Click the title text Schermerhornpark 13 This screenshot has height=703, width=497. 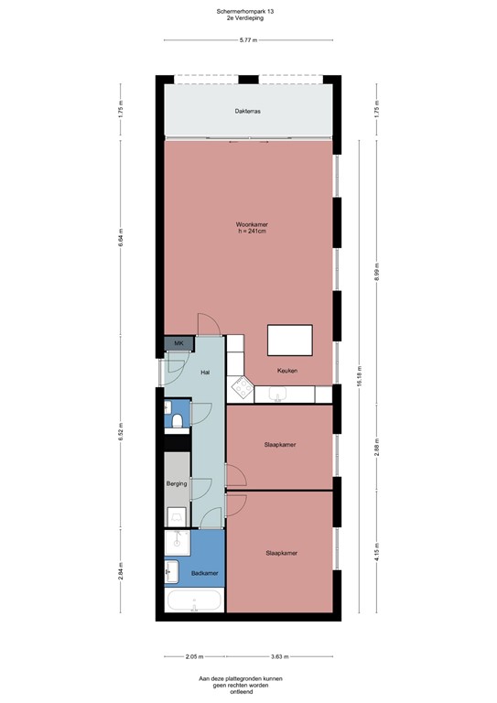tap(247, 11)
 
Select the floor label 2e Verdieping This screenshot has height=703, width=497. tap(247, 18)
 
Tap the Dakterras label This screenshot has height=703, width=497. tap(247, 111)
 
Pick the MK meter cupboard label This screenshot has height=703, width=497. tap(178, 343)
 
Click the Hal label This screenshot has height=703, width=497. tap(205, 372)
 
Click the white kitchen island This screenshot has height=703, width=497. tap(289, 340)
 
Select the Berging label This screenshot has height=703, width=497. tap(177, 482)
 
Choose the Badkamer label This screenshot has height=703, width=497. tap(204, 573)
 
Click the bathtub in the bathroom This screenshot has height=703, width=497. tap(193, 601)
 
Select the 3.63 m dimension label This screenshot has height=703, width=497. tap(279, 656)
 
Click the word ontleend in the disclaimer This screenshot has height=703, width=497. tap(247, 691)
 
